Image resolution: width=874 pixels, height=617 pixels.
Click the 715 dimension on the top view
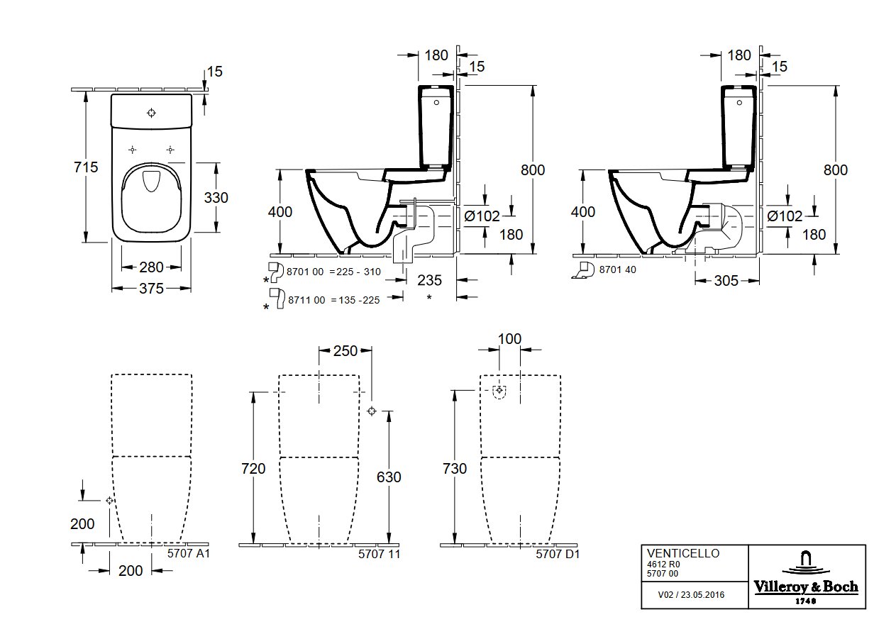86,167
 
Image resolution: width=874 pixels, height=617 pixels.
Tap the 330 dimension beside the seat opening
216,198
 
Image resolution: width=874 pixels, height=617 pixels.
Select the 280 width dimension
151,267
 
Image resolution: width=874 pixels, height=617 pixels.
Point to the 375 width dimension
151,289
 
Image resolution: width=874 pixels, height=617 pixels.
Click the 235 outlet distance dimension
430,280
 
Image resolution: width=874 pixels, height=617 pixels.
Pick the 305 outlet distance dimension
726,281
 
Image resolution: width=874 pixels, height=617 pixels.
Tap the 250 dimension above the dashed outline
345,351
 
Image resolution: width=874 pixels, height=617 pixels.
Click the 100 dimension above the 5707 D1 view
509,339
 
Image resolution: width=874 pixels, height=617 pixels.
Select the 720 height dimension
253,468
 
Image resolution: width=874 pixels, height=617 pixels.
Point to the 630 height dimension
389,477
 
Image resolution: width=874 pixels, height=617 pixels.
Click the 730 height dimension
455,468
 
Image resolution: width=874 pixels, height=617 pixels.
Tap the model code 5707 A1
189,553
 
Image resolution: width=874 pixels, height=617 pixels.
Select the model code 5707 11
380,554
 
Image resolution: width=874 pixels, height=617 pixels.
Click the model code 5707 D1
558,554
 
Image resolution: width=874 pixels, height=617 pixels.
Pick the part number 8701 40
618,269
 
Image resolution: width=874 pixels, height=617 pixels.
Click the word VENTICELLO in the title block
683,553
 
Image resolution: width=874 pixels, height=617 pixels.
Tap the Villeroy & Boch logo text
806,587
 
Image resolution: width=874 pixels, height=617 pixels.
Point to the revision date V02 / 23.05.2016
691,595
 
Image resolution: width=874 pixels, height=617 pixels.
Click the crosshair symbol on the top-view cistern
151,113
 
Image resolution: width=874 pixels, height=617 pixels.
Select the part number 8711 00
306,300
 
